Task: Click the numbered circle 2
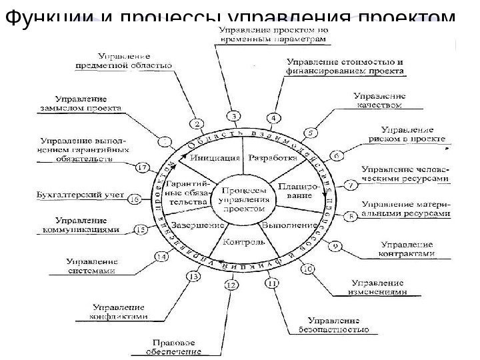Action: click(x=197, y=123)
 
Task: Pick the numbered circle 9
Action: click(x=339, y=245)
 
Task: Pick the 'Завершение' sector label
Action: click(x=193, y=225)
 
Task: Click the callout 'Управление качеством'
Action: click(x=381, y=100)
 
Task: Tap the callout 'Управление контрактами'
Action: click(x=406, y=249)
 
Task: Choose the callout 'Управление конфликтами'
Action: click(x=120, y=312)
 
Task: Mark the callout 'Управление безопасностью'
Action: click(x=339, y=325)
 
